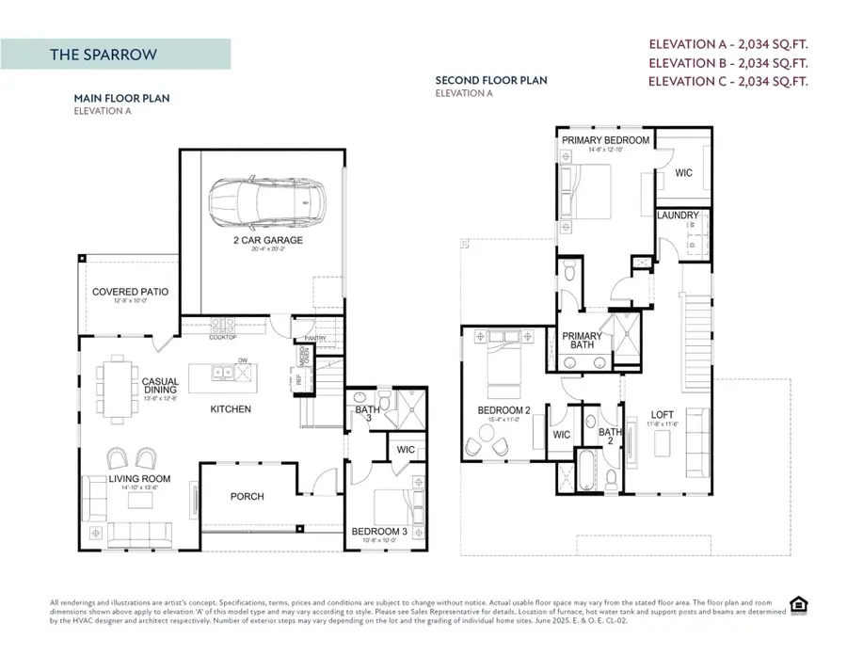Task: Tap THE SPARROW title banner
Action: click(115, 55)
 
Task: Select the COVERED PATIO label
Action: click(130, 292)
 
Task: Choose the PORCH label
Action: click(248, 496)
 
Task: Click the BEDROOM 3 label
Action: click(377, 532)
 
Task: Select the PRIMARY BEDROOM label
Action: click(605, 140)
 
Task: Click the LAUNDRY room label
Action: click(678, 216)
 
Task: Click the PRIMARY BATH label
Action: click(582, 340)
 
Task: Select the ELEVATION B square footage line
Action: click(730, 62)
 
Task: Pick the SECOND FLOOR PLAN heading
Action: click(490, 81)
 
